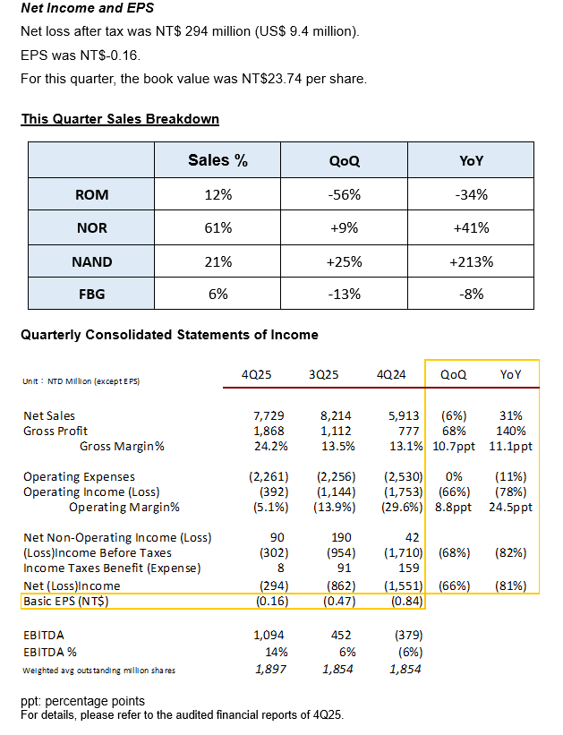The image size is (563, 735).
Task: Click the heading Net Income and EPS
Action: click(87, 9)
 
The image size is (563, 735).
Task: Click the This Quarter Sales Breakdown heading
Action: click(120, 119)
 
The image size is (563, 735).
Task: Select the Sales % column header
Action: click(218, 161)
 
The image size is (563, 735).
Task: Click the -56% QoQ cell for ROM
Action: click(344, 194)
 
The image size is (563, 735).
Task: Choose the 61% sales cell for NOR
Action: click(218, 227)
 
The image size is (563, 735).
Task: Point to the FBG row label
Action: click(91, 294)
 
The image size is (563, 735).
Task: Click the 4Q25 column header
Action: click(257, 374)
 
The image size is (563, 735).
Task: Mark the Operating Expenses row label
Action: click(79, 477)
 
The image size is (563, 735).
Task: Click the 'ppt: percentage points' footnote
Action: click(82, 700)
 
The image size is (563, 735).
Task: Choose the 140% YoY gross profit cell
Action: click(516, 431)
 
